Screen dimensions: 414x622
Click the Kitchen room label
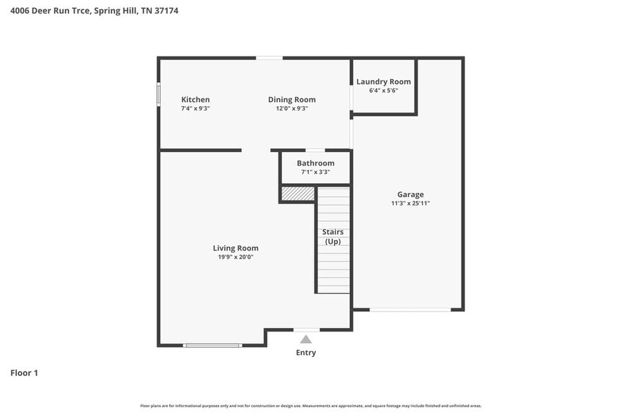195,99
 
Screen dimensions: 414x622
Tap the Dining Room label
291,99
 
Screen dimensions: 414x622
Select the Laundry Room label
383,82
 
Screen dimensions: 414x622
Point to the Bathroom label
315,163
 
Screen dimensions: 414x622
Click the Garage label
410,194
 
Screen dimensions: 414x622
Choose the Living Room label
236,248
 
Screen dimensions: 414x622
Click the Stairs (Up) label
332,237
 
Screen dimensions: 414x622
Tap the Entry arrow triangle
306,339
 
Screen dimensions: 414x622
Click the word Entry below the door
306,353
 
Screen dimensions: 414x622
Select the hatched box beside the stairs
297,194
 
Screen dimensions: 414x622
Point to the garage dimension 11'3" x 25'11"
410,203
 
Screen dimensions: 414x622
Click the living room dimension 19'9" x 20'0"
236,257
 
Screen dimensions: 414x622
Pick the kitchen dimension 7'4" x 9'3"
195,108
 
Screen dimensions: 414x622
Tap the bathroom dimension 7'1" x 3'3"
315,172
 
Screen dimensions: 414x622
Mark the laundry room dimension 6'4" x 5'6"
383,91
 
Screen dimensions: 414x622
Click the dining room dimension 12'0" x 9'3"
291,108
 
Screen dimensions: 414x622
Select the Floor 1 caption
24,372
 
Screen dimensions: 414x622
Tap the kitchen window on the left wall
159,95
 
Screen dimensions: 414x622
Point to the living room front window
212,345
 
